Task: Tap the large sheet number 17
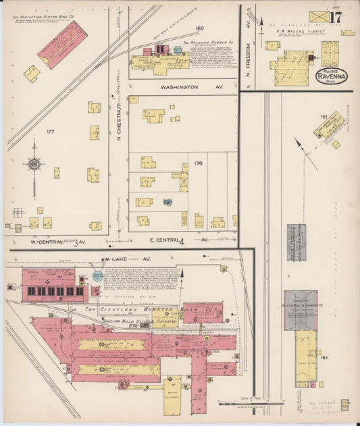(x=336, y=16)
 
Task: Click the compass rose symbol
(x=33, y=163)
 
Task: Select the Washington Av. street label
(x=179, y=87)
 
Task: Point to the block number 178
(x=198, y=163)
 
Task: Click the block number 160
(x=199, y=28)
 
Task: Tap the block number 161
(x=324, y=357)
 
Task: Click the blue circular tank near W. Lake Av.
(x=98, y=275)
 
